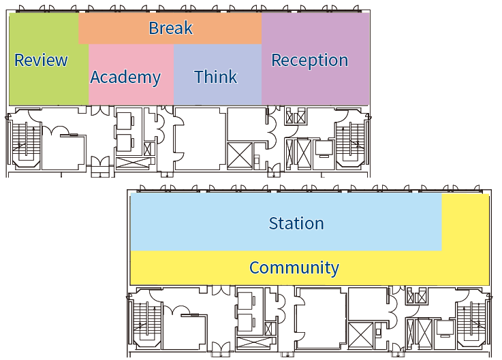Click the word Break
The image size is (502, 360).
click(170, 28)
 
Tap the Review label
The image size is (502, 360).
click(41, 60)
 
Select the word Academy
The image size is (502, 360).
click(125, 77)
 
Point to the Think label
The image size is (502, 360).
click(215, 77)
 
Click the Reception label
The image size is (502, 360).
click(309, 60)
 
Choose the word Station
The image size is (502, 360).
click(296, 223)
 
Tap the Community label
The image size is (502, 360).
click(294, 267)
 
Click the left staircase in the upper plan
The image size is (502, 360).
click(24, 140)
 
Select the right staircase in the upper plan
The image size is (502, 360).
click(352, 140)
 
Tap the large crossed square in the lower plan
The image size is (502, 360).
click(361, 336)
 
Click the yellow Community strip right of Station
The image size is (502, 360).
click(466, 225)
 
